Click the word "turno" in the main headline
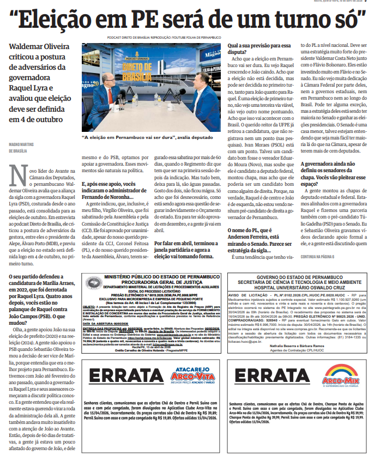(x=305, y=21)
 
